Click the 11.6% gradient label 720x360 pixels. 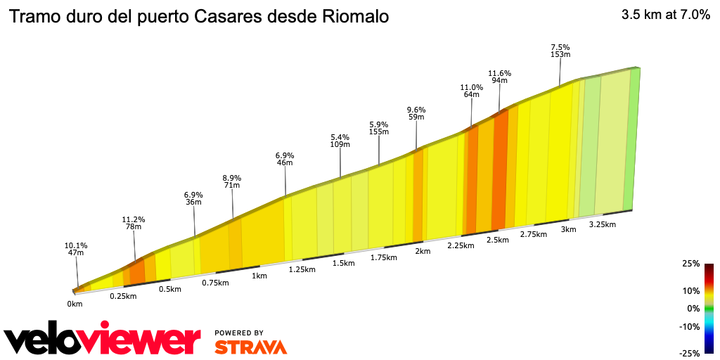[x=499, y=73]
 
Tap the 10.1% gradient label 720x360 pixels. [x=75, y=246]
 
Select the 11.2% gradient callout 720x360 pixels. [x=134, y=219]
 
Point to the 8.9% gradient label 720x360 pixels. [x=232, y=178]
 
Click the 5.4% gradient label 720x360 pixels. [x=340, y=137]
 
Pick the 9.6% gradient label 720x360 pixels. [x=416, y=110]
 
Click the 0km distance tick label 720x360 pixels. [x=75, y=304]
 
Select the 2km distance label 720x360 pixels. [x=423, y=251]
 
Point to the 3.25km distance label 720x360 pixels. [x=602, y=225]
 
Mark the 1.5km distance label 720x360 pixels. [x=343, y=263]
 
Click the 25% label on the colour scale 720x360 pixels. [x=691, y=264]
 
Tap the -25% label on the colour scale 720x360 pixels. [x=690, y=353]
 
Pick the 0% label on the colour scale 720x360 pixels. [x=693, y=308]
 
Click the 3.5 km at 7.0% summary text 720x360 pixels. [x=665, y=14]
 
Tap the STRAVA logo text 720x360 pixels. [x=250, y=347]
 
